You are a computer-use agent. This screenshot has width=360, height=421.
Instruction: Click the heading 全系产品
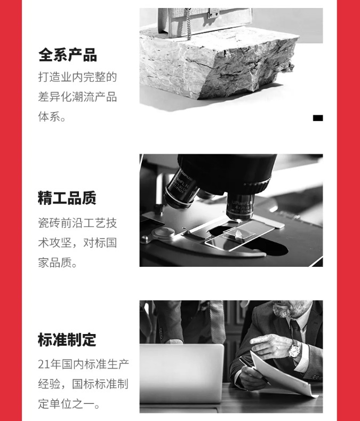pos(67,55)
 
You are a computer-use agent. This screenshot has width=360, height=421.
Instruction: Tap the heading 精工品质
pos(67,198)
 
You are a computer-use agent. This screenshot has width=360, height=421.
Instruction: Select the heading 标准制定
pos(67,340)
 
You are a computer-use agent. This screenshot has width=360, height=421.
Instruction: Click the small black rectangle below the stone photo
pos(318,118)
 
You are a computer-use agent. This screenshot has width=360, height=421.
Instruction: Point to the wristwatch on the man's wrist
pos(294,349)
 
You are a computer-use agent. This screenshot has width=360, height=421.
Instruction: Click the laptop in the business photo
pos(181,373)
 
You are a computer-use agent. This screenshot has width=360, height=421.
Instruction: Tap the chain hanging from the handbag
pos(188,23)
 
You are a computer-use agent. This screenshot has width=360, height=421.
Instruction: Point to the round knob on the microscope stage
pos(163,233)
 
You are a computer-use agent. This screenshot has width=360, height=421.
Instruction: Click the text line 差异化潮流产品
pos(77,97)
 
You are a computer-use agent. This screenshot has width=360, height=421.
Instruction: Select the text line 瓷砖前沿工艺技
pos(77,223)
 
